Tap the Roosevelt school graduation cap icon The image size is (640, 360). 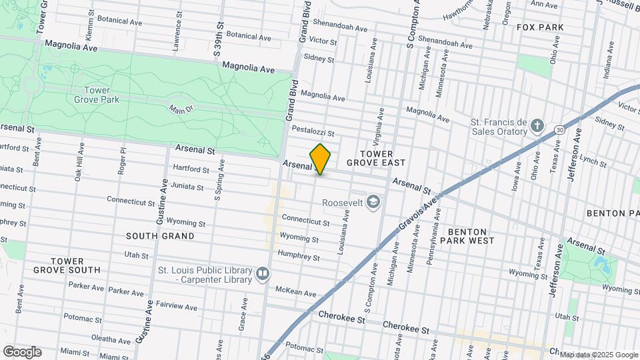[x=374, y=201]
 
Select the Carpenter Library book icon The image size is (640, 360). [x=263, y=274]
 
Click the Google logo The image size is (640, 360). [x=22, y=351]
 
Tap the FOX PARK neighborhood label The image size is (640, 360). [x=540, y=27]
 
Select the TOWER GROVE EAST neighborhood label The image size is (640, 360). [x=383, y=158]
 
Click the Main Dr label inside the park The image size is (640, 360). [x=179, y=109]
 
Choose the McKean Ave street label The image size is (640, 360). [x=295, y=292]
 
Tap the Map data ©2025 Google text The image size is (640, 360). [x=599, y=354]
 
